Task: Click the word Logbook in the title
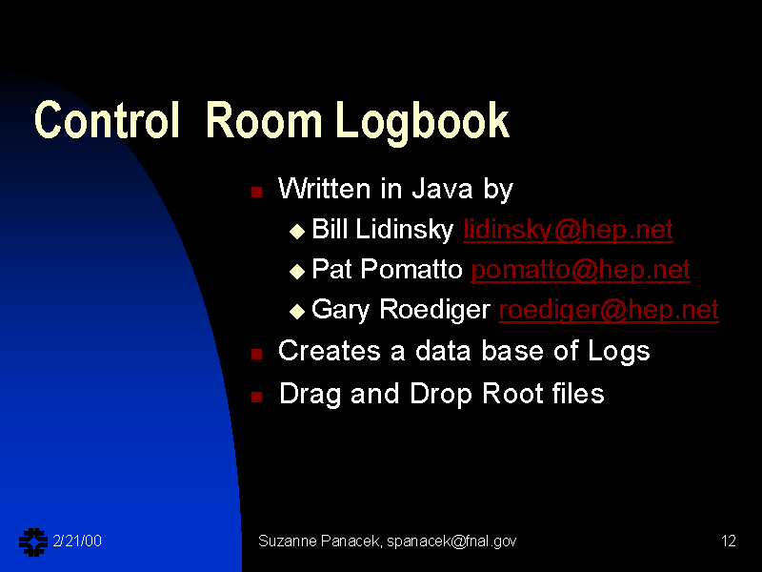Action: pos(422,123)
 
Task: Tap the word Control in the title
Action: pos(107,120)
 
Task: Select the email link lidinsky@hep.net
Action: pos(568,229)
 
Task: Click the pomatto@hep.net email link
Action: pos(581,270)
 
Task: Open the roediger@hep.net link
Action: pos(609,310)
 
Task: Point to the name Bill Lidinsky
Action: pos(383,229)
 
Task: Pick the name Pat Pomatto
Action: pos(387,269)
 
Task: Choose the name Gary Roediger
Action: pos(401,310)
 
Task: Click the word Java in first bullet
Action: pos(442,189)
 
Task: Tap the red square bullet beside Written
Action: pos(256,192)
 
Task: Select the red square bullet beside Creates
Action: pos(256,354)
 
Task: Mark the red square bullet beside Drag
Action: pos(256,397)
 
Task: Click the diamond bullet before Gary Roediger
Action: pos(297,312)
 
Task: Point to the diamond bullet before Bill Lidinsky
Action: pos(297,231)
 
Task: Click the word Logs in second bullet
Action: pos(618,352)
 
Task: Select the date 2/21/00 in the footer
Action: pos(77,541)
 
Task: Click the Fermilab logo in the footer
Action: pos(33,541)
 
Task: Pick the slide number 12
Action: pos(728,541)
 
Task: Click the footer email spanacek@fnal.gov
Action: pos(451,541)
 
